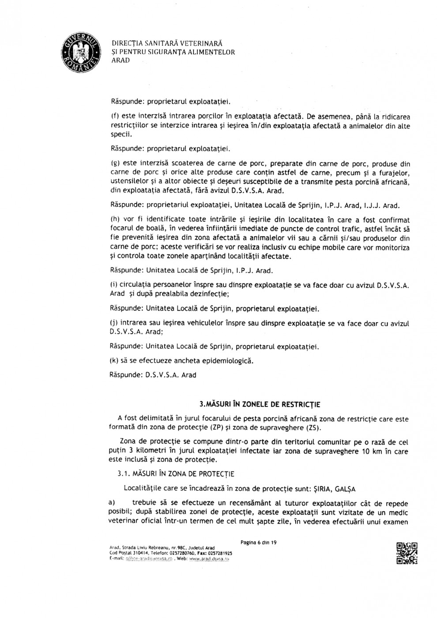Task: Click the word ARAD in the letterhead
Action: (121, 60)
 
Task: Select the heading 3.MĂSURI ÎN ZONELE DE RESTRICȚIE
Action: (260, 404)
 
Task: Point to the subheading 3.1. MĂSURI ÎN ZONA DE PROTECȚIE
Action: (176, 474)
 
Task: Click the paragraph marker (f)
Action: (113, 117)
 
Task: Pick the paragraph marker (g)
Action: (113, 163)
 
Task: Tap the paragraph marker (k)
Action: (113, 361)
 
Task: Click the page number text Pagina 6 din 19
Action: (259, 542)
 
